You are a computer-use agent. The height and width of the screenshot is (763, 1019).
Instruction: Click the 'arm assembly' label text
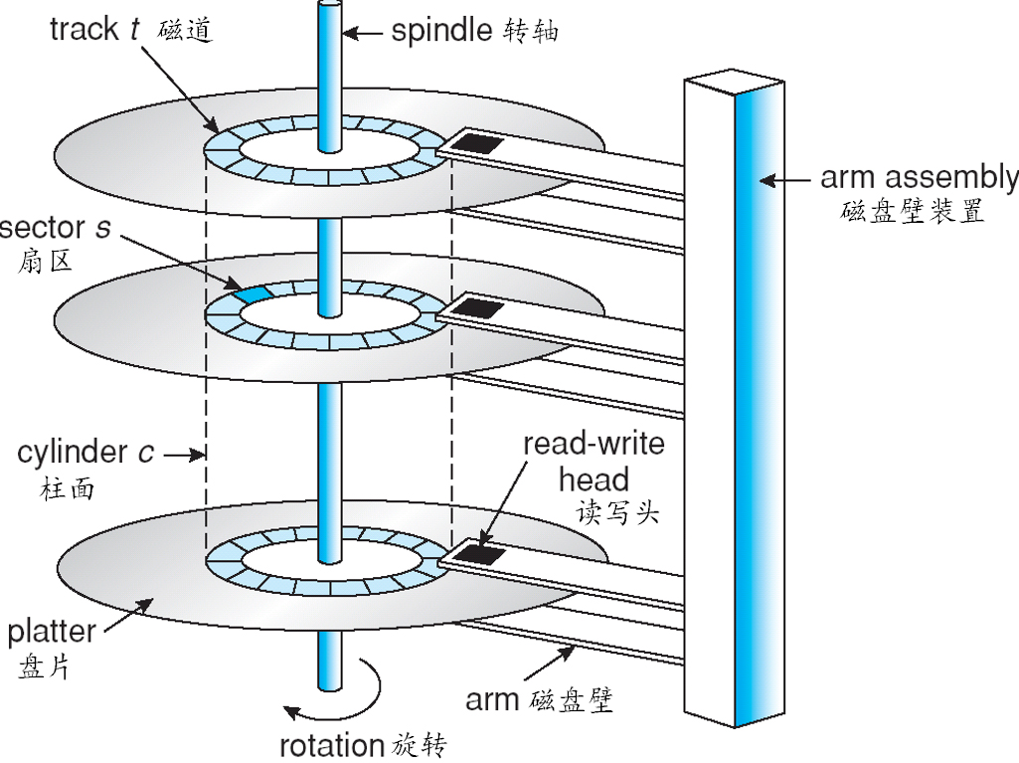coord(919,178)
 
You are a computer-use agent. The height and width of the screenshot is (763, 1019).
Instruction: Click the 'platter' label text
coord(51,631)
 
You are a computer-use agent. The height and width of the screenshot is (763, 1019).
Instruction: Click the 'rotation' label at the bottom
coord(331,744)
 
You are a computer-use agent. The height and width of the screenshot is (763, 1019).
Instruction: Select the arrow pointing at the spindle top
coord(365,32)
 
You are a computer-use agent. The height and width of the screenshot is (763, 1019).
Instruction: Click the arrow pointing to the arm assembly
coord(786,180)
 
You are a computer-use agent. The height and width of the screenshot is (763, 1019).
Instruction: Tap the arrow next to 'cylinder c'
coord(184,455)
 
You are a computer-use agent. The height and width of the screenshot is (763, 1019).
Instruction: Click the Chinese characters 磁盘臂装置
coord(913,213)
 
